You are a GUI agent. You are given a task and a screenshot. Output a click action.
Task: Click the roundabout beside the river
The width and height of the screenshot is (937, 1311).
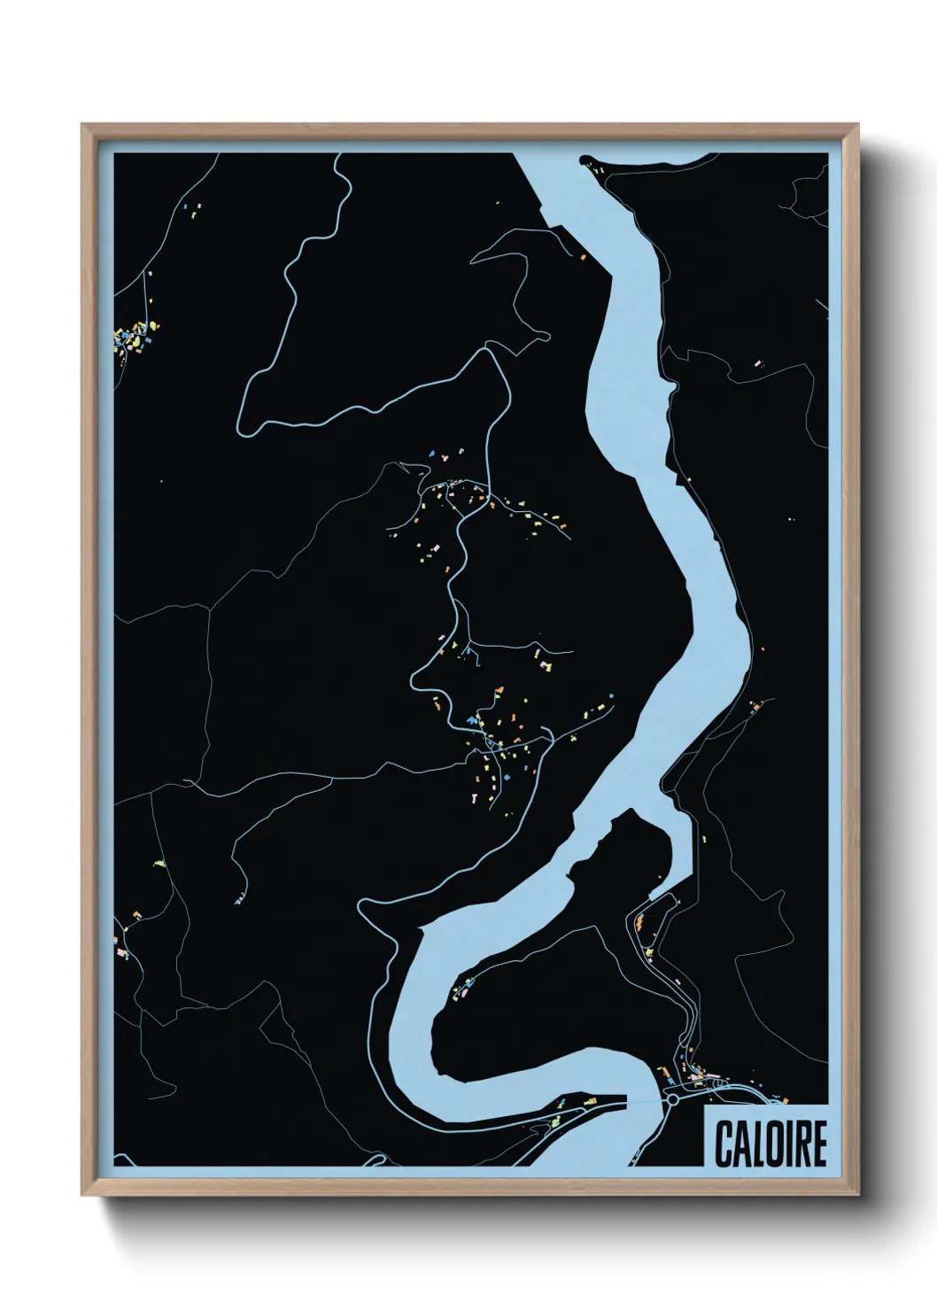672,1100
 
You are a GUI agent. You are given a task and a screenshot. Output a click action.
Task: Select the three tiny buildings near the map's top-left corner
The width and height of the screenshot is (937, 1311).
192,209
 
